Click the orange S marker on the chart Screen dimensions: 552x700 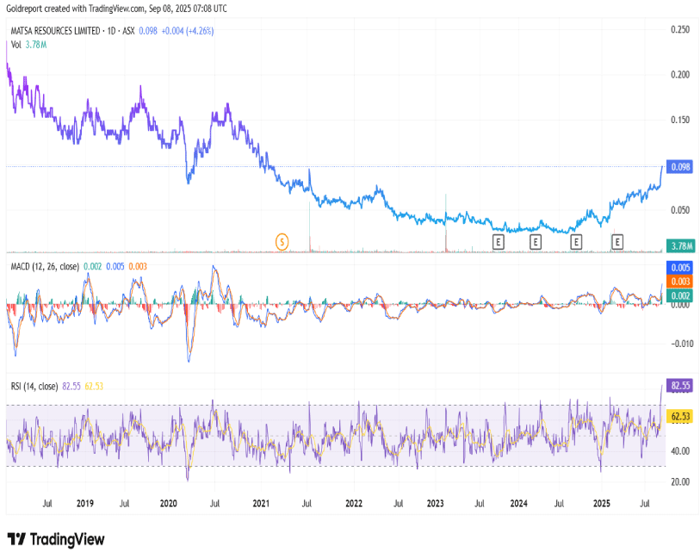(x=282, y=242)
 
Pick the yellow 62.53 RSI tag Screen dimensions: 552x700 (x=680, y=417)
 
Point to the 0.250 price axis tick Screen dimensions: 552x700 (x=679, y=29)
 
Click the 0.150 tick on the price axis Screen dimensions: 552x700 (x=679, y=120)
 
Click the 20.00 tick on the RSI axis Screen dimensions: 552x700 (x=679, y=482)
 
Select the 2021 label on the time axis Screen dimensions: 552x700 (x=260, y=502)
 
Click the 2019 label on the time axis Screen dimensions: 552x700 (x=84, y=502)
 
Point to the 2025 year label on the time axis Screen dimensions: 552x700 (x=613, y=502)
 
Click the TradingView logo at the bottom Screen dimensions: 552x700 (x=56, y=539)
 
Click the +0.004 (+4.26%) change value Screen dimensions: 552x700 (x=190, y=30)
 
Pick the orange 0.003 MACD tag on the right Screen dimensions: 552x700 (x=679, y=282)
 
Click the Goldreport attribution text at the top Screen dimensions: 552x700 (x=116, y=8)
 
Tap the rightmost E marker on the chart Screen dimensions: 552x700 (x=616, y=243)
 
